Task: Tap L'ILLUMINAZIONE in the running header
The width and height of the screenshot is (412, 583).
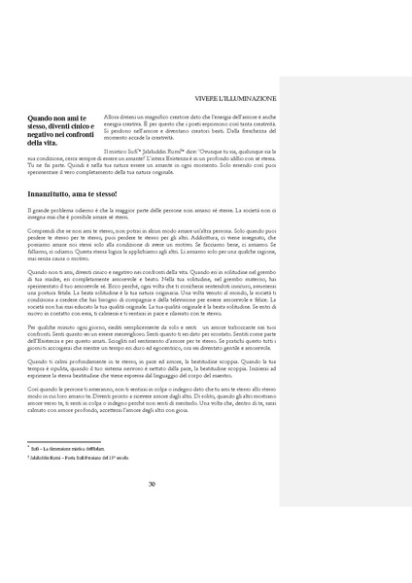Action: (x=247, y=98)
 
